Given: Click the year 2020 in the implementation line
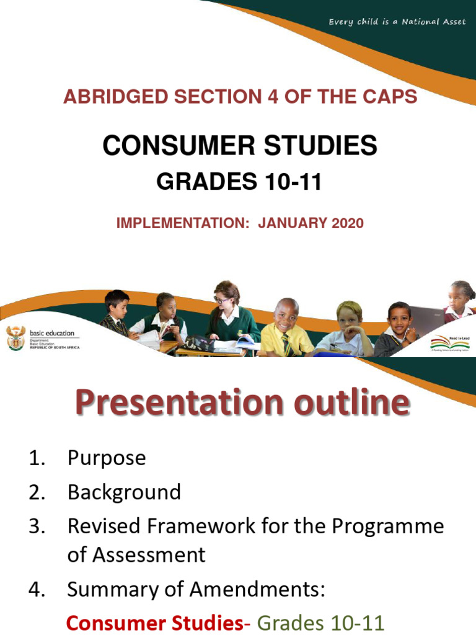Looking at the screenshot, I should pyautogui.click(x=347, y=223).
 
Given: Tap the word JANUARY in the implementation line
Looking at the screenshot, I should pyautogui.click(x=293, y=223).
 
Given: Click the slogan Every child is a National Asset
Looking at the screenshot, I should pyautogui.click(x=397, y=22).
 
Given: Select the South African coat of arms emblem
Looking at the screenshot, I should pyautogui.click(x=15, y=337).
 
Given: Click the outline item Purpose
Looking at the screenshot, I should pyautogui.click(x=107, y=458).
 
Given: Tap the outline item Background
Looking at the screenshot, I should pyautogui.click(x=124, y=492).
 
